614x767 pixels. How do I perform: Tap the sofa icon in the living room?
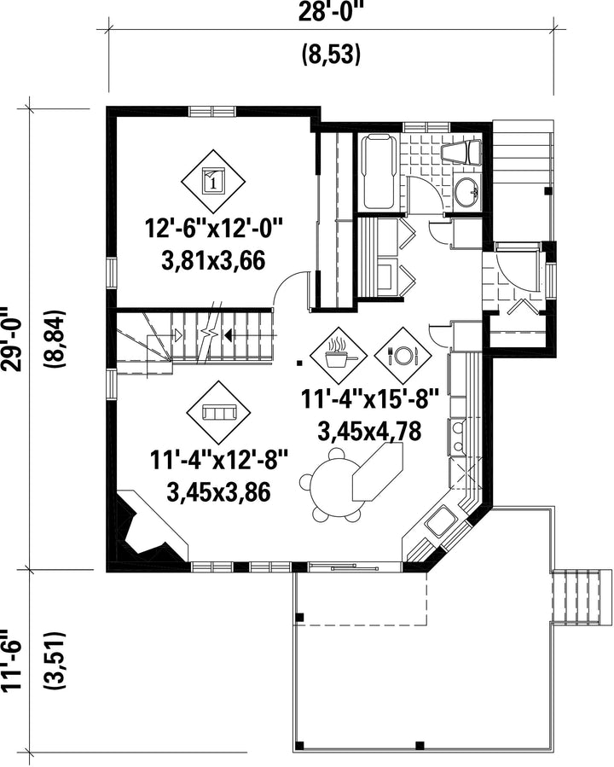(x=218, y=412)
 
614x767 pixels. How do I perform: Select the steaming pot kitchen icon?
(x=339, y=355)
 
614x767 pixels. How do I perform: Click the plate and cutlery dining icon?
(x=403, y=355)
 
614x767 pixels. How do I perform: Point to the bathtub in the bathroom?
(x=379, y=171)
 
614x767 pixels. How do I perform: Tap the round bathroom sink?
(x=466, y=192)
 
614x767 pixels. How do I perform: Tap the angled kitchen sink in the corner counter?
(x=440, y=521)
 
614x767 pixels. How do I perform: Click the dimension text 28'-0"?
(x=332, y=11)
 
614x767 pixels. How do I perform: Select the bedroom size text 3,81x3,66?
(x=214, y=260)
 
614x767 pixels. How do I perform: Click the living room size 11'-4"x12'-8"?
(x=218, y=461)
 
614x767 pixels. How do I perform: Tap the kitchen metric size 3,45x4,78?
(x=369, y=432)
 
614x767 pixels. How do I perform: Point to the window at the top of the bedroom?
(x=212, y=111)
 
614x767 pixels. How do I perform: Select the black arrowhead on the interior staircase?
(x=228, y=335)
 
